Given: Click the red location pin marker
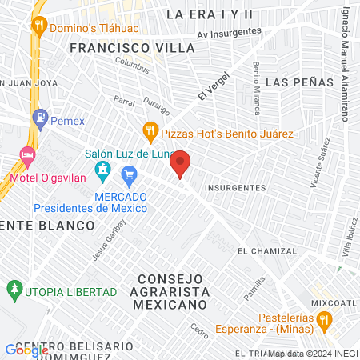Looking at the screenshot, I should coord(181,163).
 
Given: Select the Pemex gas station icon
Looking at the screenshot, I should coord(39,118).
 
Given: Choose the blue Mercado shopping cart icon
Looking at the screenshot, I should coord(128,174).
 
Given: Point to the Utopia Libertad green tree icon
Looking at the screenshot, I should coord(13,288).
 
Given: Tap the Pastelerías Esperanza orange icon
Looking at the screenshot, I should coord(324,320).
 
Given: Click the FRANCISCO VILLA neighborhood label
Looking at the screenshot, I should coord(131,48).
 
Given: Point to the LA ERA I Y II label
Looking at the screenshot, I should coord(209,14).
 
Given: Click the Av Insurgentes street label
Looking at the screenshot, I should coord(230,32).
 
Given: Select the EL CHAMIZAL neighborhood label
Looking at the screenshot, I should coord(266,250).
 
